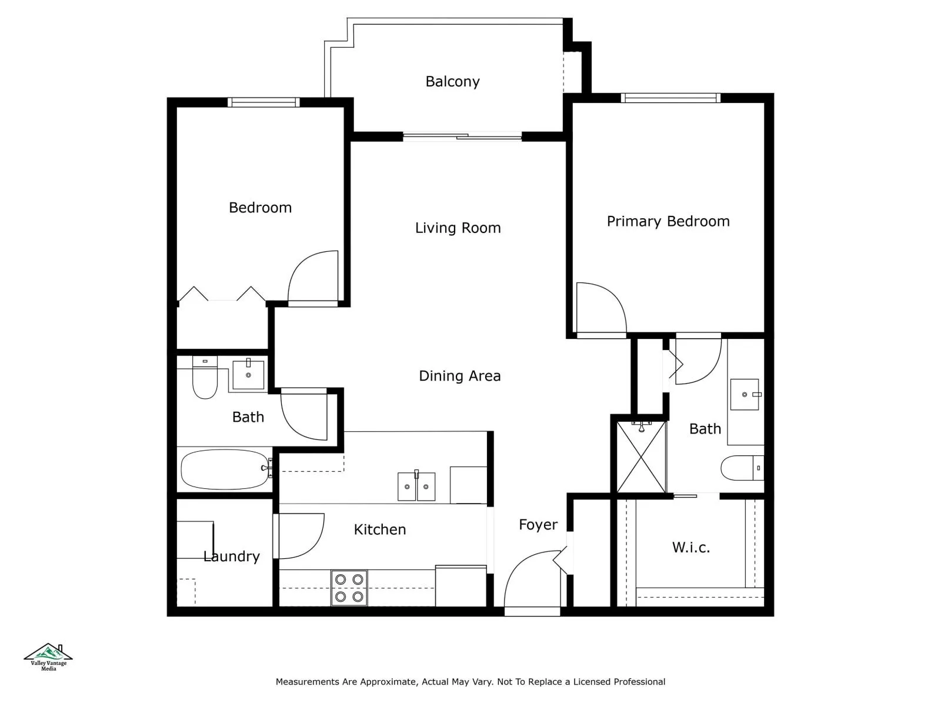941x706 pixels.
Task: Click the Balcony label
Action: [452, 82]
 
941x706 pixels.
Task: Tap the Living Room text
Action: [458, 228]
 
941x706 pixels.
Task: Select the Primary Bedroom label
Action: [668, 221]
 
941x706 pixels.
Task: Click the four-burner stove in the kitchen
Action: [349, 588]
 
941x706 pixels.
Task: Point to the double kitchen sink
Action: [416, 487]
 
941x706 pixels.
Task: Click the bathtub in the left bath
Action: [224, 469]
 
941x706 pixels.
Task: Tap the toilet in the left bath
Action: [205, 378]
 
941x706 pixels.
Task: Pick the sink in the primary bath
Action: [745, 394]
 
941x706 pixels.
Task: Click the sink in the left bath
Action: [248, 375]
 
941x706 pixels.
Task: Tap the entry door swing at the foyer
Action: [529, 580]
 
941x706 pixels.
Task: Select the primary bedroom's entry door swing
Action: [600, 309]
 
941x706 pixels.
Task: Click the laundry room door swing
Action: [300, 535]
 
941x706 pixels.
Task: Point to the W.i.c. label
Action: [690, 548]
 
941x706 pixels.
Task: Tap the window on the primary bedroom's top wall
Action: [670, 98]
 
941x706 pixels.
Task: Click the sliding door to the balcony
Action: [462, 137]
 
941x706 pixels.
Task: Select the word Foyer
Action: [538, 525]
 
